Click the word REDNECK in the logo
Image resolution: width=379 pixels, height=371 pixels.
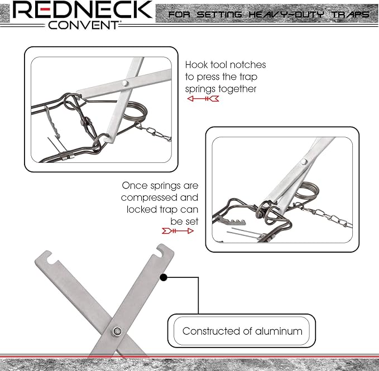click(x=83, y=9)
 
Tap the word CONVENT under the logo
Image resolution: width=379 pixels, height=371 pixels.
click(x=83, y=25)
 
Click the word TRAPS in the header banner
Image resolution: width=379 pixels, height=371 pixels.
click(x=351, y=15)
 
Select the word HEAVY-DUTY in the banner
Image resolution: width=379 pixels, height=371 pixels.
click(x=286, y=15)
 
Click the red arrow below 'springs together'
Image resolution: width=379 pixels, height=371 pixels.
click(x=203, y=99)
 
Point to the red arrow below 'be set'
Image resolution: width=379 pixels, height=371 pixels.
click(x=177, y=231)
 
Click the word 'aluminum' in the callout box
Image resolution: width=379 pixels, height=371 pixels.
click(x=279, y=331)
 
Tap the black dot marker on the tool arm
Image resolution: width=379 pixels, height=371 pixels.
click(x=164, y=277)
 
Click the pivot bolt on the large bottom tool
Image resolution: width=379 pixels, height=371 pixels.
click(x=117, y=331)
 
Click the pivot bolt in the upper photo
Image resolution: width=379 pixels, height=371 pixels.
click(x=124, y=83)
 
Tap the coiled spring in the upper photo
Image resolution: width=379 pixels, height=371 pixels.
click(x=136, y=111)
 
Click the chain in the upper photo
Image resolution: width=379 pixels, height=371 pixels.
click(x=153, y=132)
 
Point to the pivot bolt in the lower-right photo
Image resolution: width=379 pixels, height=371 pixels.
click(x=304, y=162)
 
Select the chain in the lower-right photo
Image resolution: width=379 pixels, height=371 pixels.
click(x=324, y=215)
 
